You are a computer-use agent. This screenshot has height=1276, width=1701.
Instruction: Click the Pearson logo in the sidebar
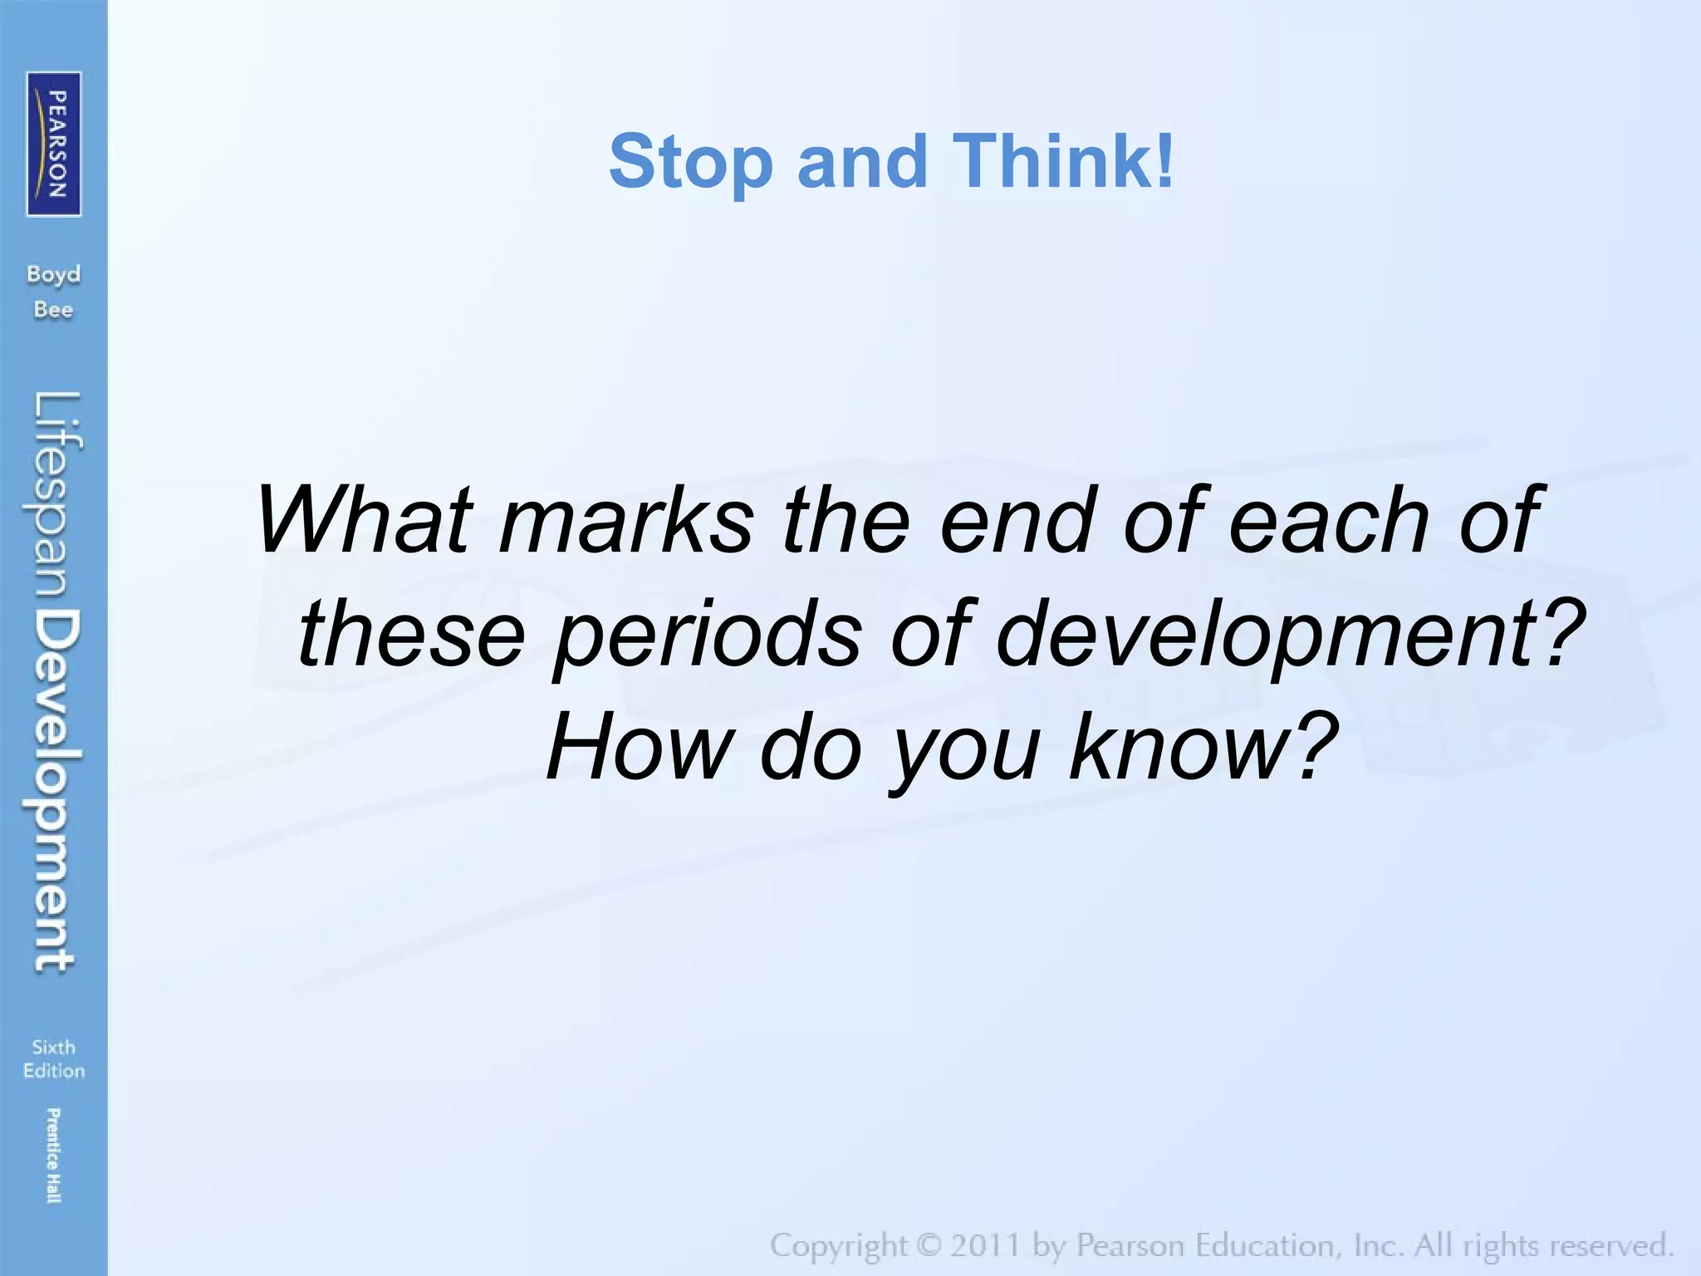tap(54, 144)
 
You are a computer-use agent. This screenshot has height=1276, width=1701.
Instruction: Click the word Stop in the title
tap(690, 162)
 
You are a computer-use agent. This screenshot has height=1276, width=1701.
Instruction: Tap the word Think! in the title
tap(1064, 160)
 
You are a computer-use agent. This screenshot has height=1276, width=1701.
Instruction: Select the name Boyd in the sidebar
tap(54, 275)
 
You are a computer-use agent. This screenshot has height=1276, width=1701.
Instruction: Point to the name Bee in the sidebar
tap(54, 310)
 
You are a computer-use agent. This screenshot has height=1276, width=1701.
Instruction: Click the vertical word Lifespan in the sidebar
tap(56, 499)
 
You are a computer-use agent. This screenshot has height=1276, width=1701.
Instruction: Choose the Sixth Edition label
tap(54, 1058)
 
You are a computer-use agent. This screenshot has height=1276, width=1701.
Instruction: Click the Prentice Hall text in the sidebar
tap(54, 1156)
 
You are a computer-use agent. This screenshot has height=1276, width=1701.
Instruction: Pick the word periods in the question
tap(707, 636)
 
